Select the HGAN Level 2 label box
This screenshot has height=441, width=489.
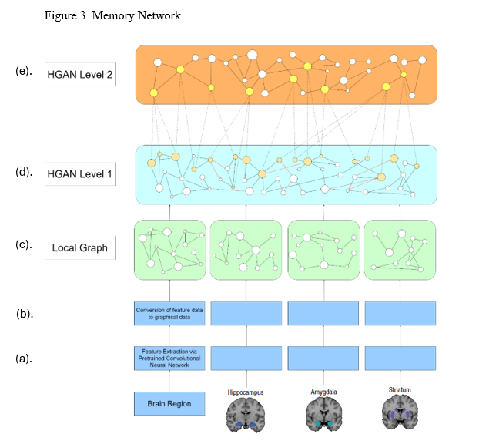[x=80, y=75]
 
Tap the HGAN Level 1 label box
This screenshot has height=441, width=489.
[x=80, y=174]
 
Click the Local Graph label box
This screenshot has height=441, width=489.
[x=80, y=248]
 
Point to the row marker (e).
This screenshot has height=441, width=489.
[x=24, y=71]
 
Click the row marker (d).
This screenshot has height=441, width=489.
[x=24, y=172]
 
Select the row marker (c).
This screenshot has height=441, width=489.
[x=24, y=246]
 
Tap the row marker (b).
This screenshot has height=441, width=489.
[x=24, y=314]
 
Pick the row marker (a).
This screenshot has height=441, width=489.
[x=24, y=358]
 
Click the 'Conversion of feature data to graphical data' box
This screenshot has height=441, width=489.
[x=169, y=313]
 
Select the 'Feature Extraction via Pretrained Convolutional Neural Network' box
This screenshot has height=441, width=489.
[x=169, y=358]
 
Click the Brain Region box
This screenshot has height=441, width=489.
[x=169, y=403]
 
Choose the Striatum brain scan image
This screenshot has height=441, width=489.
[x=400, y=414]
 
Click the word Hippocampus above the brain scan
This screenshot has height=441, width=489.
[x=246, y=392]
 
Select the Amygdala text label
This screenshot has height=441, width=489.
[x=323, y=392]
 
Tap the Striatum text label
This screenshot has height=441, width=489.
[x=400, y=390]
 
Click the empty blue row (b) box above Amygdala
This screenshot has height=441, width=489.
[x=323, y=313]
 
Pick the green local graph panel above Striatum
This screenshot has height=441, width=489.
[x=400, y=251]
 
